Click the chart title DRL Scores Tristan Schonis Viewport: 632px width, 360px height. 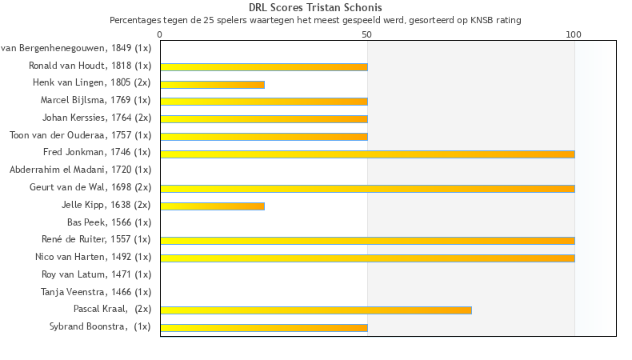(x=315, y=7)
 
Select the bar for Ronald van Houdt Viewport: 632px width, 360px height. (x=264, y=66)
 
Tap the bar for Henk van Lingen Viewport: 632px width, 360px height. (x=212, y=84)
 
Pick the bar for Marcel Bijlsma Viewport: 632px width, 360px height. (x=264, y=102)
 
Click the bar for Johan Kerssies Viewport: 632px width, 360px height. (x=264, y=118)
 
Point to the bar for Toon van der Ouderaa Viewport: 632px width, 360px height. (x=264, y=136)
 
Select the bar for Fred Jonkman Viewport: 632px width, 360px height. (x=367, y=154)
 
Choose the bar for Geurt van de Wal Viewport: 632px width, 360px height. (x=367, y=188)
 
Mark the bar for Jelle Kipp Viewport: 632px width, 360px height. (x=212, y=206)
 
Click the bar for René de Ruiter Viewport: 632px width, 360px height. (x=367, y=240)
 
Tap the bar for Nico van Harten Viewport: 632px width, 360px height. (x=367, y=258)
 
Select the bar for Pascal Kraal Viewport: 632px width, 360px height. (x=316, y=310)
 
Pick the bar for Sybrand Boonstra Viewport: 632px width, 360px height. (x=264, y=327)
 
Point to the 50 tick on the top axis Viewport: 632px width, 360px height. (x=367, y=34)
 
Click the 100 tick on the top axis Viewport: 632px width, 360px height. (x=574, y=34)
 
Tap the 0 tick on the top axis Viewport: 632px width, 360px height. (x=160, y=34)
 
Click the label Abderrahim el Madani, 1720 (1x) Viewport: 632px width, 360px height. (x=80, y=170)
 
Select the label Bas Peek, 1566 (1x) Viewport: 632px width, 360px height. (x=109, y=222)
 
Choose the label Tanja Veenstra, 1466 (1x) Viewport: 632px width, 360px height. (x=96, y=292)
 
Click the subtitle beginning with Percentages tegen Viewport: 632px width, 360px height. (x=315, y=19)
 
